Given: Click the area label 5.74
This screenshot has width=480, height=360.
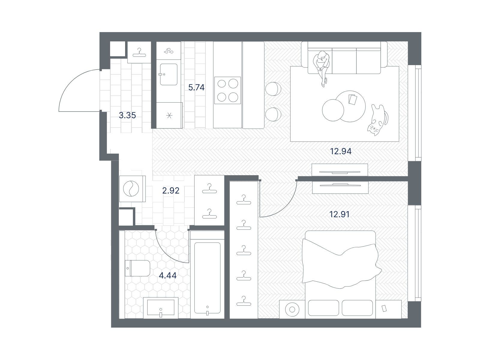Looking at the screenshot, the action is click(x=196, y=87).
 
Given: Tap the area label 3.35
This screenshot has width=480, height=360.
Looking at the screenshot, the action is click(x=127, y=115).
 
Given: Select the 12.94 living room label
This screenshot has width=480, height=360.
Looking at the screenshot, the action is click(x=341, y=151).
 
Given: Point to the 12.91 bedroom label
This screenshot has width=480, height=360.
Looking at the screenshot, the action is click(x=339, y=214).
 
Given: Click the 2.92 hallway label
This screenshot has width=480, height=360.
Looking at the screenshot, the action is click(x=171, y=190).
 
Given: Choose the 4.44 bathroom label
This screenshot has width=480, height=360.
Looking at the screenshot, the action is click(x=168, y=276).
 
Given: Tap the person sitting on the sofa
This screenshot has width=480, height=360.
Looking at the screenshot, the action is click(x=322, y=68).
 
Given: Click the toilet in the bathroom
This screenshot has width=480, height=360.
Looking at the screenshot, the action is click(x=137, y=268).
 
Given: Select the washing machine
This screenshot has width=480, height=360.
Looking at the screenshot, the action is click(x=133, y=189).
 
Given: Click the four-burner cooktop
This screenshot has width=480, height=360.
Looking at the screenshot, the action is click(x=227, y=90).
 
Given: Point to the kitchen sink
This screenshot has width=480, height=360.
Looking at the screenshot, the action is click(x=168, y=74).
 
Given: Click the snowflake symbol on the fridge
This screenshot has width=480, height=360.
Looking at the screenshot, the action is click(x=169, y=115).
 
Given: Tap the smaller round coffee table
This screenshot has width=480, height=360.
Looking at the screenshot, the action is click(x=333, y=110).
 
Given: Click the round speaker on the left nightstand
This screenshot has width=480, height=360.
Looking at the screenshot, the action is click(x=292, y=310).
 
